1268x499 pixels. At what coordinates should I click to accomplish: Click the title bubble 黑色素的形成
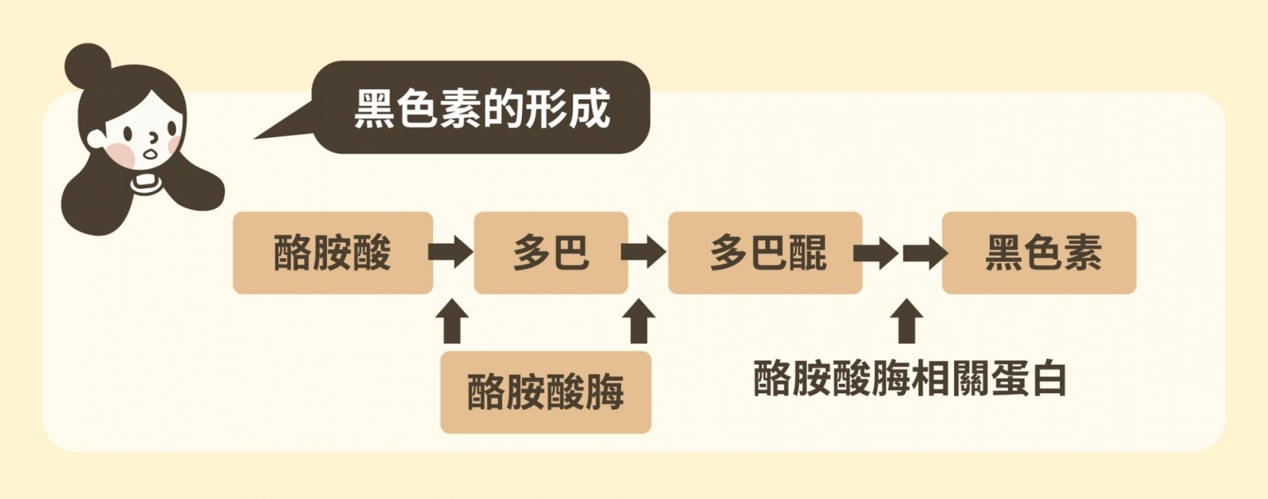coord(482,108)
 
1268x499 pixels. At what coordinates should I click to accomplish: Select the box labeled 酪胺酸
coord(332,253)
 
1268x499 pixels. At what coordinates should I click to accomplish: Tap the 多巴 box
coord(550,253)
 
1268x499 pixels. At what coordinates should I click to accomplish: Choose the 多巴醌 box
coord(765,253)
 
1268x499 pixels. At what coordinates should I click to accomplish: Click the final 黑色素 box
coord(1039,253)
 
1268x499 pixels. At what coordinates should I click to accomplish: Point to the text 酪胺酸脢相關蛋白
coord(910,378)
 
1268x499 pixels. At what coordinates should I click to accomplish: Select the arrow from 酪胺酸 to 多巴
coord(451,252)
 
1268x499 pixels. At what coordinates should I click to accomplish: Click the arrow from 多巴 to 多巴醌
coord(643,252)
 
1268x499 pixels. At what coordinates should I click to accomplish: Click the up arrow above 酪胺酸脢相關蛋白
coord(908,320)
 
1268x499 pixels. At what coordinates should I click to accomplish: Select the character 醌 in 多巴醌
coord(808,253)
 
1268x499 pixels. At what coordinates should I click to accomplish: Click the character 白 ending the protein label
coord(1048,378)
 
